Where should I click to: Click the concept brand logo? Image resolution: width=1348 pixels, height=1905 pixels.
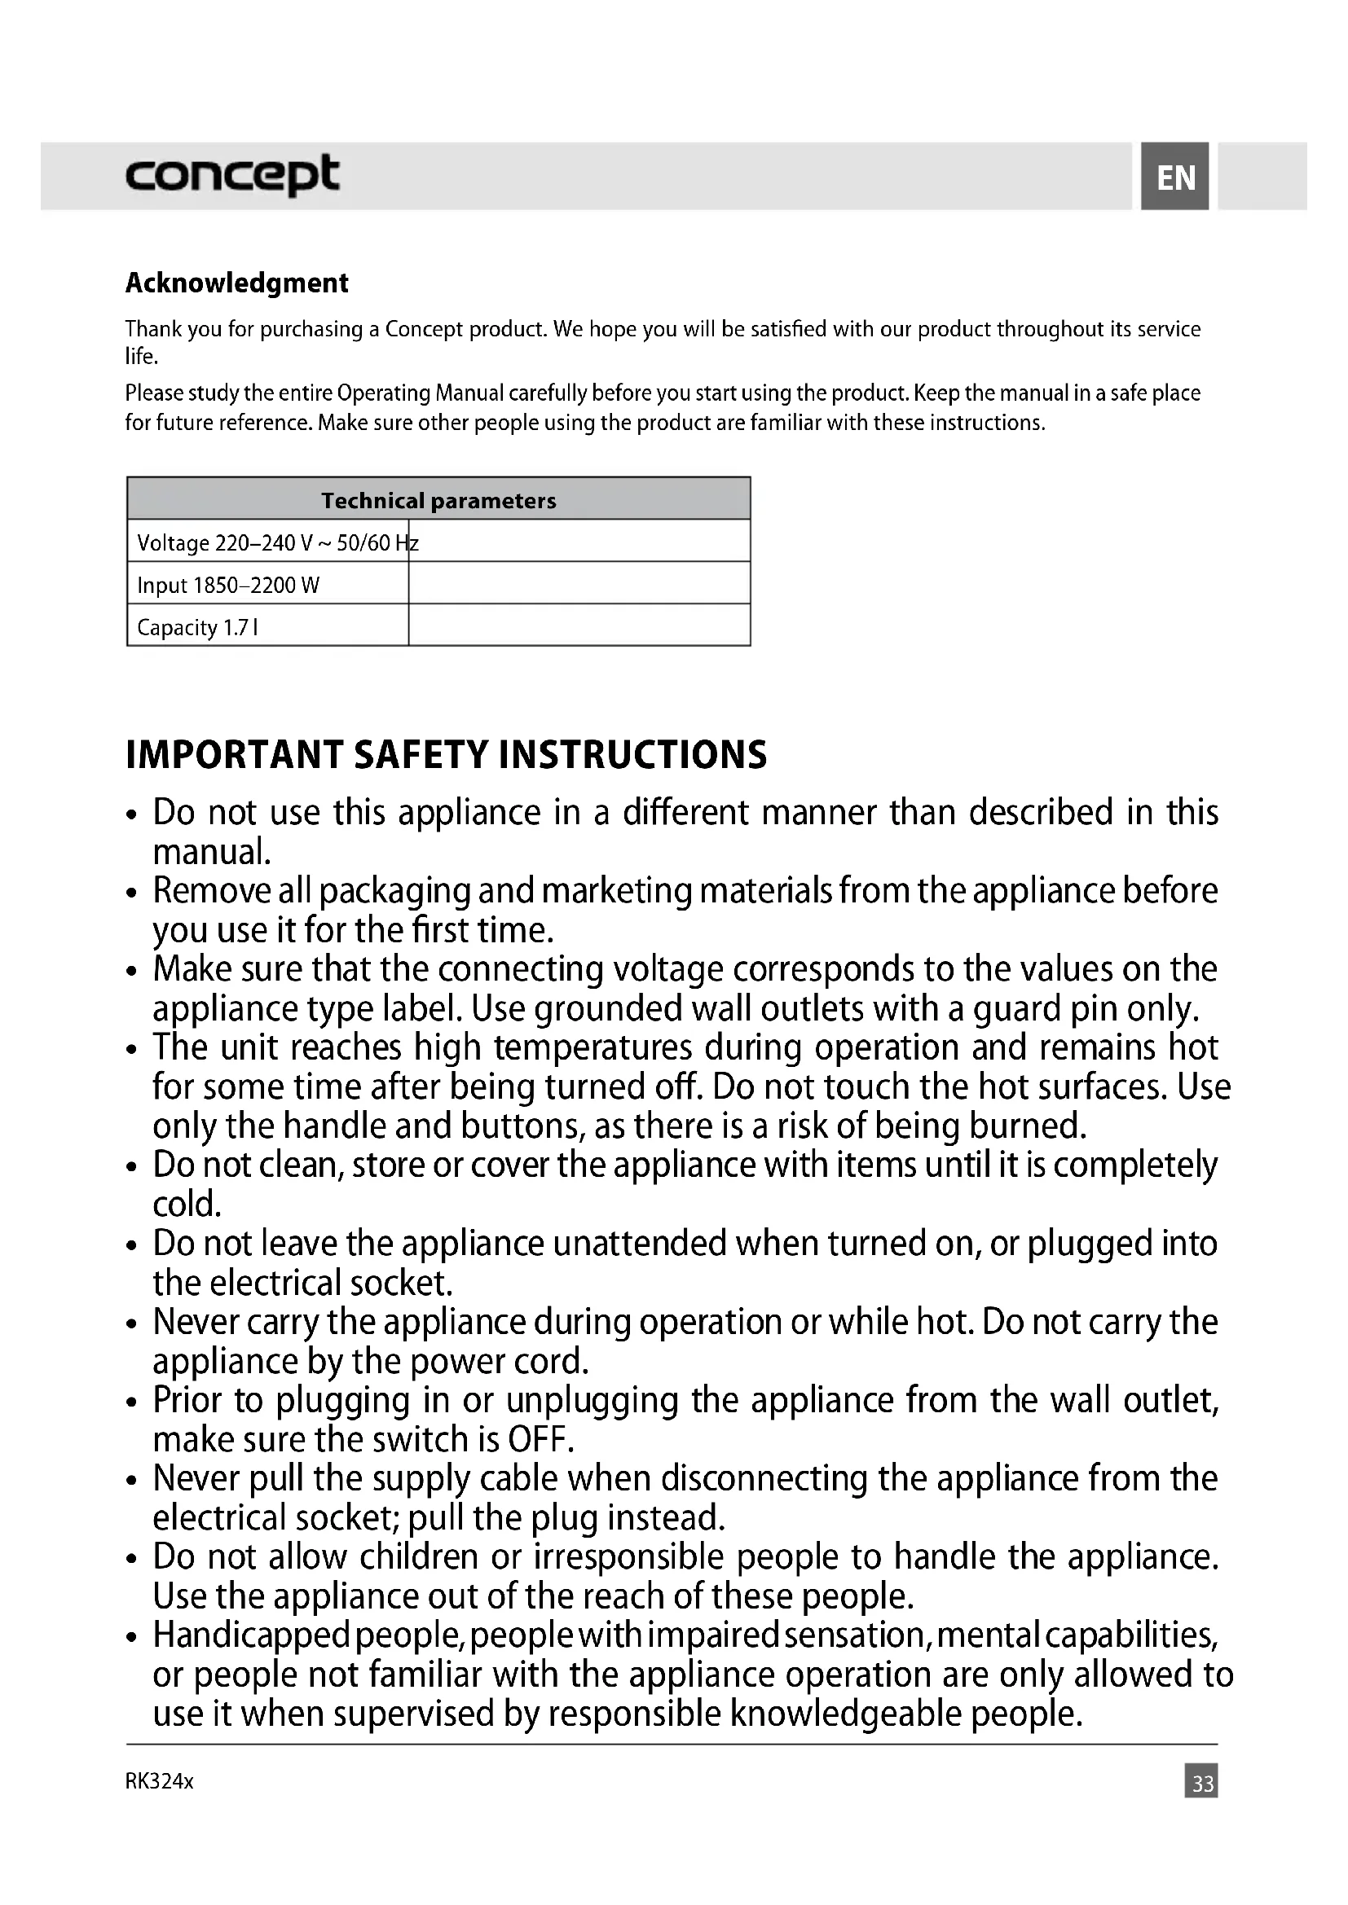[231, 175]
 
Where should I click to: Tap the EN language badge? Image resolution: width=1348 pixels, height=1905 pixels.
[1174, 177]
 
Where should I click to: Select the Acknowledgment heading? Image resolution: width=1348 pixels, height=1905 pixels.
[236, 283]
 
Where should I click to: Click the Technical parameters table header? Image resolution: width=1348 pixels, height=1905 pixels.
[438, 500]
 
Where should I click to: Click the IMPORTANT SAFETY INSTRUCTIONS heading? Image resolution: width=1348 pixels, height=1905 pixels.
[446, 754]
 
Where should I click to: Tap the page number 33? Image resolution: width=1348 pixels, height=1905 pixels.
[1202, 1783]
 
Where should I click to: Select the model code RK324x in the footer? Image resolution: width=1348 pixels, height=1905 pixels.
[160, 1781]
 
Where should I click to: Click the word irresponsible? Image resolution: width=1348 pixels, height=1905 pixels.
[628, 1557]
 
